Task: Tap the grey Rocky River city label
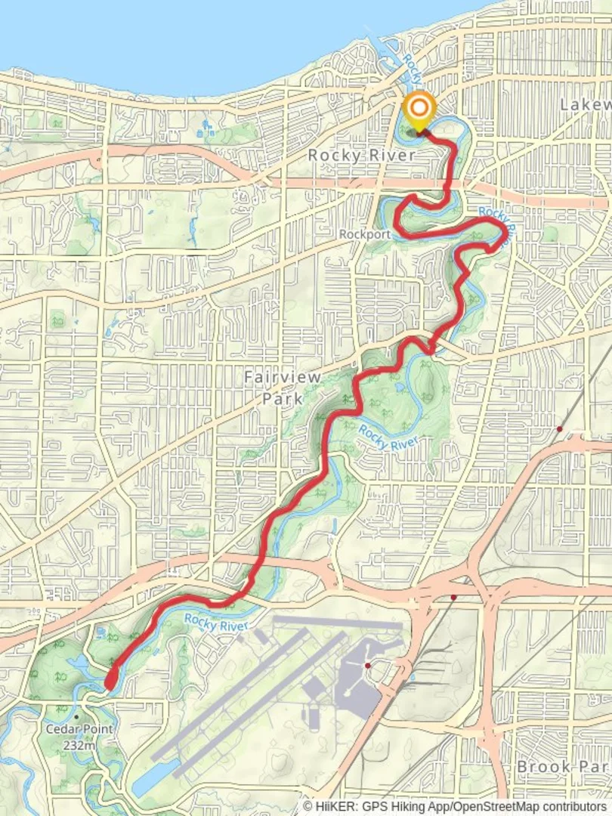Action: [361, 155]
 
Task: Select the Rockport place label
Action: [364, 234]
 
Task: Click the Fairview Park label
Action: [283, 387]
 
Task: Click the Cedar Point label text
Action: [79, 729]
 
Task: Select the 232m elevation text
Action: [79, 744]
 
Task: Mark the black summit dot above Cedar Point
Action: [76, 716]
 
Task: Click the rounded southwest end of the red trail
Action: [110, 683]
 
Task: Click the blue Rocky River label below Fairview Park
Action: [388, 437]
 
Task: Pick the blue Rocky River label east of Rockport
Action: [499, 219]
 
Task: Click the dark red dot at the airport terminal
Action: [367, 666]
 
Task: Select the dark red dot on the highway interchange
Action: [453, 597]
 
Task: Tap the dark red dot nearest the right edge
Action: [559, 429]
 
